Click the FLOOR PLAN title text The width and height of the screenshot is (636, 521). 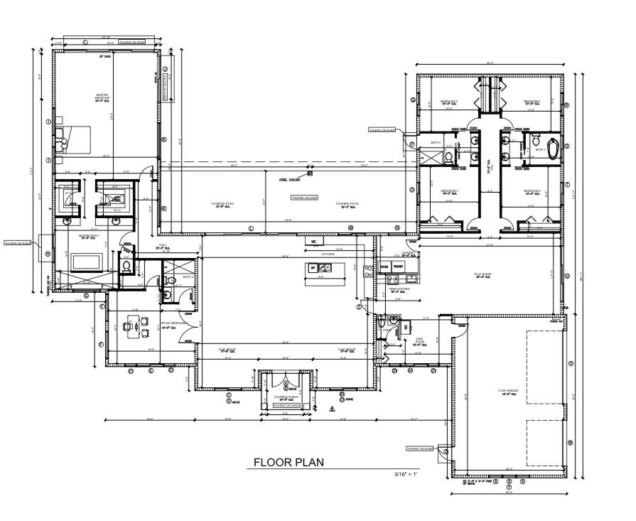tap(289, 463)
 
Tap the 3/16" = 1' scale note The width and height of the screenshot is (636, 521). tap(406, 473)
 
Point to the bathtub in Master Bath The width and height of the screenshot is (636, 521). tap(88, 261)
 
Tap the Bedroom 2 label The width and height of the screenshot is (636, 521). tap(448, 192)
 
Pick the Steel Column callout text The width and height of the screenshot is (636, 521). tap(288, 180)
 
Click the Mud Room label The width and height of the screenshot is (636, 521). tap(419, 341)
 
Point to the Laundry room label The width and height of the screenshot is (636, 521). tap(407, 252)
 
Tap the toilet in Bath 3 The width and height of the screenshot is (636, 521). tap(537, 141)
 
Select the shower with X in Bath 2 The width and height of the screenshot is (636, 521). tap(431, 156)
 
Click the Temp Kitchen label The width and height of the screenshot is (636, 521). tap(399, 290)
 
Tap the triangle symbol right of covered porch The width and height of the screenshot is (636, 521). tap(331, 409)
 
